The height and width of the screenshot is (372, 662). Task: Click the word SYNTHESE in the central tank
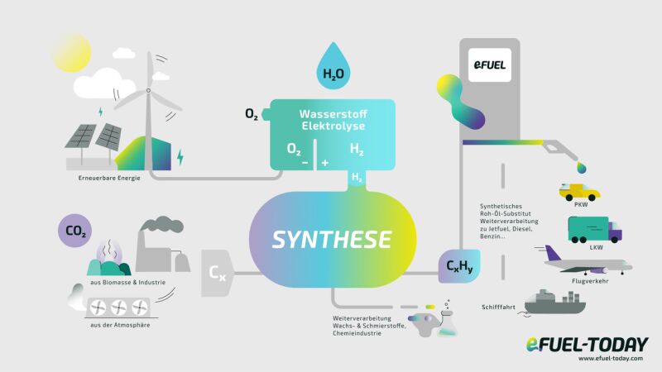tap(332, 240)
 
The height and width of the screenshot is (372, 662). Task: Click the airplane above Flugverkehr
tap(588, 264)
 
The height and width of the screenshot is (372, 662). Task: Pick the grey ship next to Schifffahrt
tap(556, 303)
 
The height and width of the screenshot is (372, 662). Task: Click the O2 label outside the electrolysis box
tap(252, 114)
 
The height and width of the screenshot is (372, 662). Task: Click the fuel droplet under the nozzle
tap(583, 168)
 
